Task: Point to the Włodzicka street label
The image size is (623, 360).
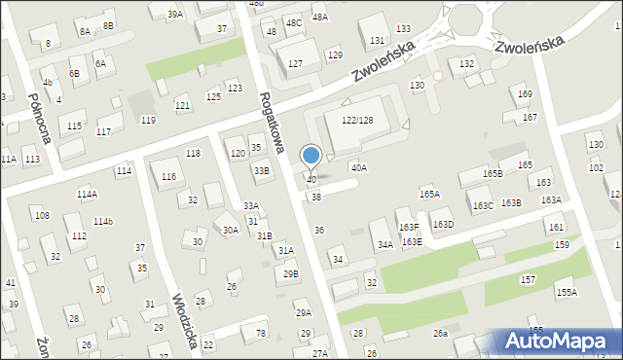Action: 186,320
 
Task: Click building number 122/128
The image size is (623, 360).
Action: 357,119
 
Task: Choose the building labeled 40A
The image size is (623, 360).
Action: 359,168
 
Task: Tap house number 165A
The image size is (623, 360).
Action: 429,195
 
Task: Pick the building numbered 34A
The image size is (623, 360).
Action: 385,245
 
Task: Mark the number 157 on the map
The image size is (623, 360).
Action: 528,279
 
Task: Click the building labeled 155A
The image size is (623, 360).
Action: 567,292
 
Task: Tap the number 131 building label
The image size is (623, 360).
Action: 377,41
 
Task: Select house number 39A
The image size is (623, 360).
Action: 174,15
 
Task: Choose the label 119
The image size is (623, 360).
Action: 148,120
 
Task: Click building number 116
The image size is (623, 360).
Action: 169,176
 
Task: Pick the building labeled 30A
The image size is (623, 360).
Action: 231,230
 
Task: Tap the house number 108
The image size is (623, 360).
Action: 42,215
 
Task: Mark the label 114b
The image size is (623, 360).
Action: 102,222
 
